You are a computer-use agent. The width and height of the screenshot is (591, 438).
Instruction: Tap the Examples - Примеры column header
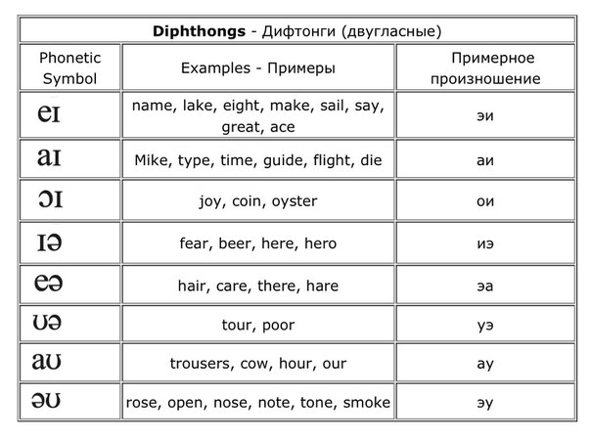point(258,68)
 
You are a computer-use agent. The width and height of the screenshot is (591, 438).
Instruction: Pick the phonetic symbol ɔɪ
point(48,200)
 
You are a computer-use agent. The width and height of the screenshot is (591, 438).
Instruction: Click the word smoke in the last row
point(367,403)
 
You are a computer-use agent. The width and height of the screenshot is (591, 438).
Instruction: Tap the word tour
point(238,324)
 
